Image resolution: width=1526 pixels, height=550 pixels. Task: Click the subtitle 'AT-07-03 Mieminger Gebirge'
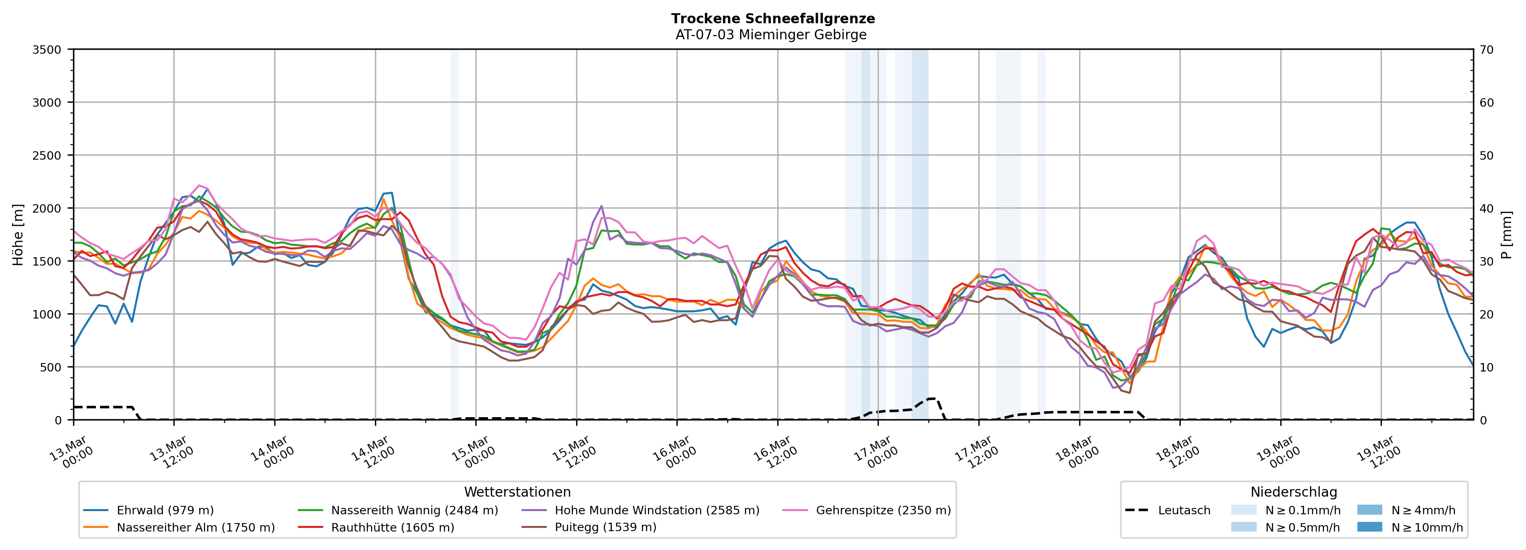tap(771, 35)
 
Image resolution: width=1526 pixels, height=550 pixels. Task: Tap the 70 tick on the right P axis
tap(1486, 50)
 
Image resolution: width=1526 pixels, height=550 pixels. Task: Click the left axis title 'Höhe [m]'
tap(18, 234)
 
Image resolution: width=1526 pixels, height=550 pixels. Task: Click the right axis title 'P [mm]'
tap(1506, 234)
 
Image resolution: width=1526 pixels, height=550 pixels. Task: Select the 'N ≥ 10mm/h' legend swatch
tap(1369, 527)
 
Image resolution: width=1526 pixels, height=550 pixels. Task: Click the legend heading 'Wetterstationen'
tap(517, 492)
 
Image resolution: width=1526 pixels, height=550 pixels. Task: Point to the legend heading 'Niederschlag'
tap(1293, 492)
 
